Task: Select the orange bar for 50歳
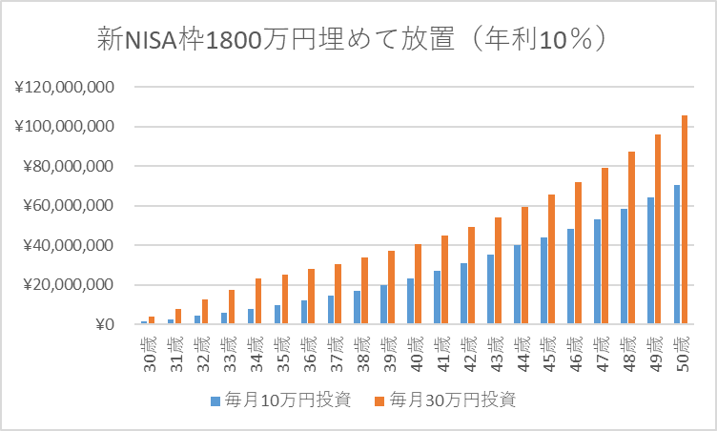(x=685, y=220)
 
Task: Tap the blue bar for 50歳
(x=677, y=255)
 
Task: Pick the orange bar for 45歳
(x=551, y=259)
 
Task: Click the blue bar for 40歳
(x=410, y=301)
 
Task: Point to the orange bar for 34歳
(x=257, y=301)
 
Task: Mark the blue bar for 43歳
(x=490, y=290)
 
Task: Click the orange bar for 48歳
(x=631, y=238)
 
